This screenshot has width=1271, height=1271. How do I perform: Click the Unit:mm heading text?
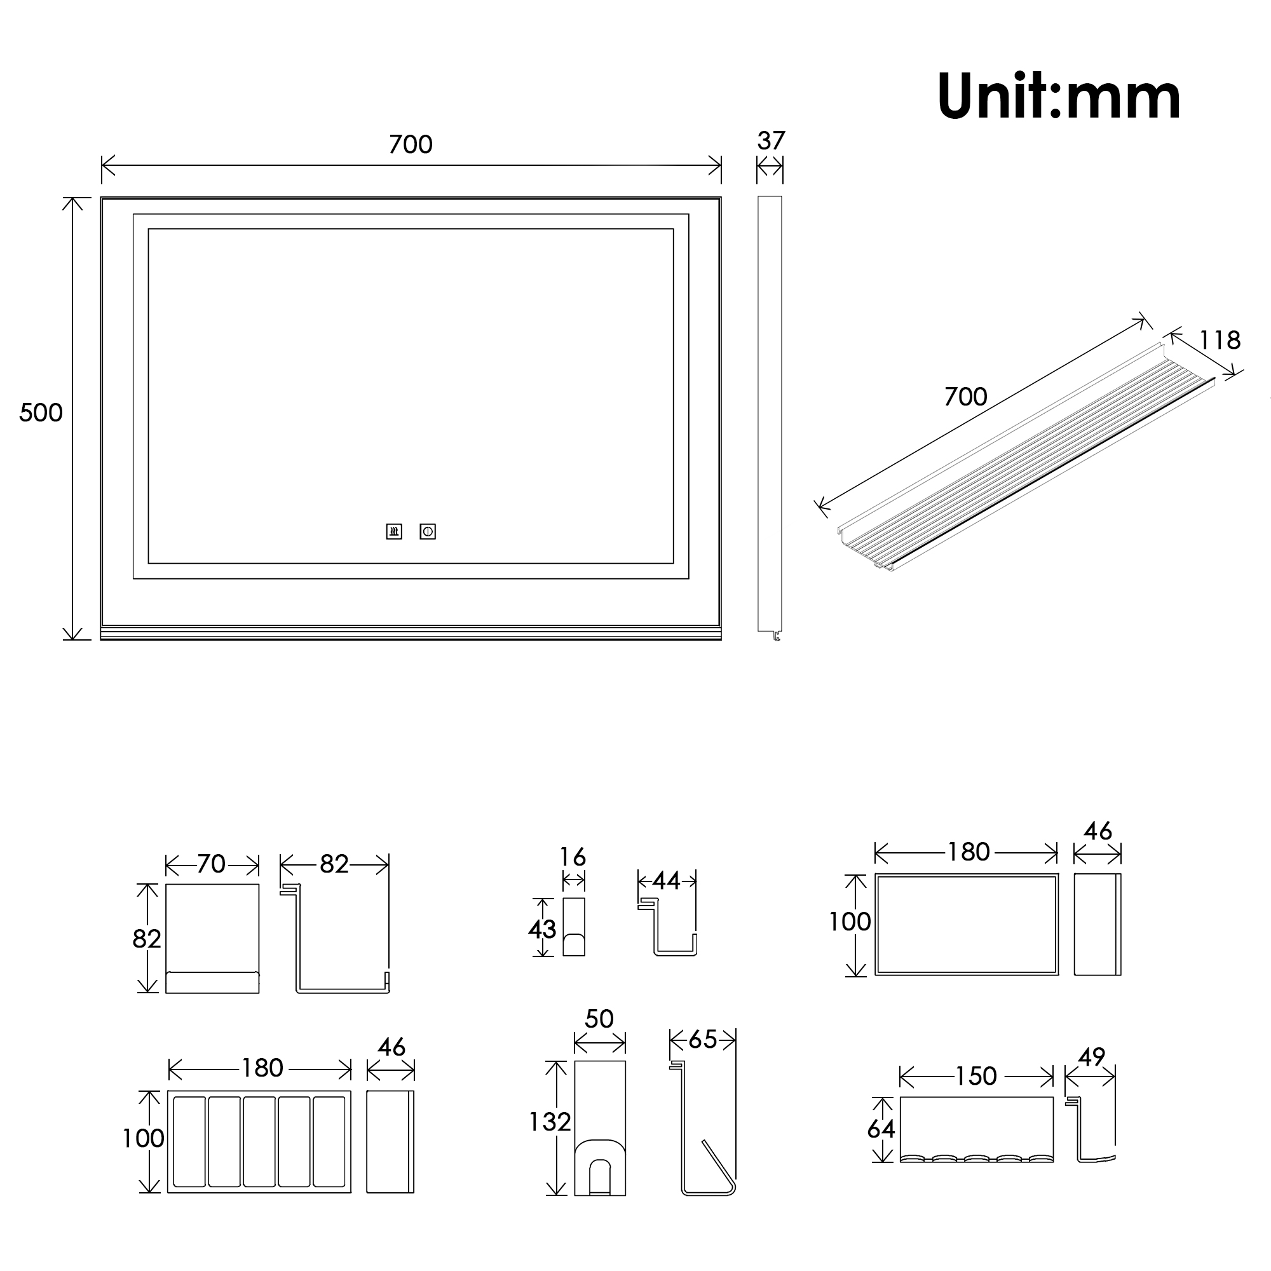(1059, 96)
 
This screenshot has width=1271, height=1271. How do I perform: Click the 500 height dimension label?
(41, 412)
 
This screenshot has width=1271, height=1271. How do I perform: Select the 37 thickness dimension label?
(771, 141)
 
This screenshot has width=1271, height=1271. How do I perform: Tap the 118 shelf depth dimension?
(1220, 340)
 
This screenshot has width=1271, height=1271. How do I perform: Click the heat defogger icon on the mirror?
(394, 531)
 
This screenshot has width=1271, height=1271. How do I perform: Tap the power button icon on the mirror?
(428, 531)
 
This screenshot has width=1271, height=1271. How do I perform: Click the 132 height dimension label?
(550, 1122)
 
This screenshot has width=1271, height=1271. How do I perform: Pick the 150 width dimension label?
(975, 1077)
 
